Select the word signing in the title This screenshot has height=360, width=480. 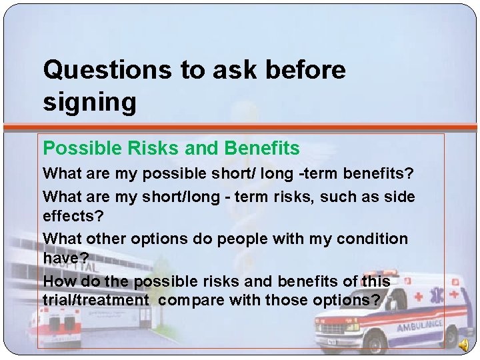click(89, 102)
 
